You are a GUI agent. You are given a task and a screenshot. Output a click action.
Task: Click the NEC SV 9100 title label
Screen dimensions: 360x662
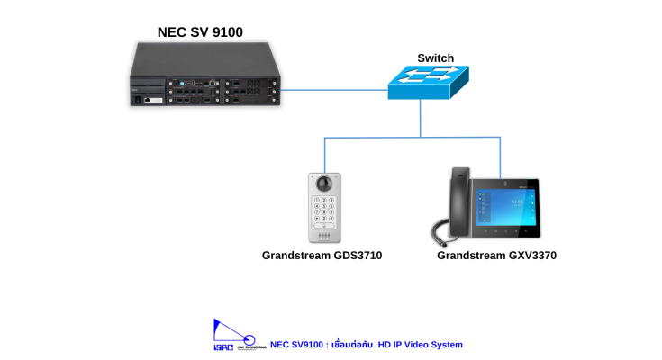pyautogui.click(x=199, y=32)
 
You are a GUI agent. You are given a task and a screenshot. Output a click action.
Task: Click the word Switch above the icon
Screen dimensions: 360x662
pyautogui.click(x=435, y=58)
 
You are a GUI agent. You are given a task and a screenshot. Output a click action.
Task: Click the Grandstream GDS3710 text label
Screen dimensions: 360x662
pyautogui.click(x=322, y=256)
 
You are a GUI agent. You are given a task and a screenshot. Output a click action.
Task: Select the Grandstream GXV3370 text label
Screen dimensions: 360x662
pyautogui.click(x=496, y=256)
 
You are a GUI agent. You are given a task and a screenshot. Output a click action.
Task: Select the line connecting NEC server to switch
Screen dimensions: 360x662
pyautogui.click(x=333, y=89)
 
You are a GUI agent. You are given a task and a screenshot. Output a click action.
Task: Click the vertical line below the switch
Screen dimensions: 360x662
pyautogui.click(x=421, y=118)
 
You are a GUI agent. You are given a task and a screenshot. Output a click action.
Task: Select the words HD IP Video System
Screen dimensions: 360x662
pyautogui.click(x=421, y=345)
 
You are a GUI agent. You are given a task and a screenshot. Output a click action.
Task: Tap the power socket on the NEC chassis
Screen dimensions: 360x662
pyautogui.click(x=139, y=100)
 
